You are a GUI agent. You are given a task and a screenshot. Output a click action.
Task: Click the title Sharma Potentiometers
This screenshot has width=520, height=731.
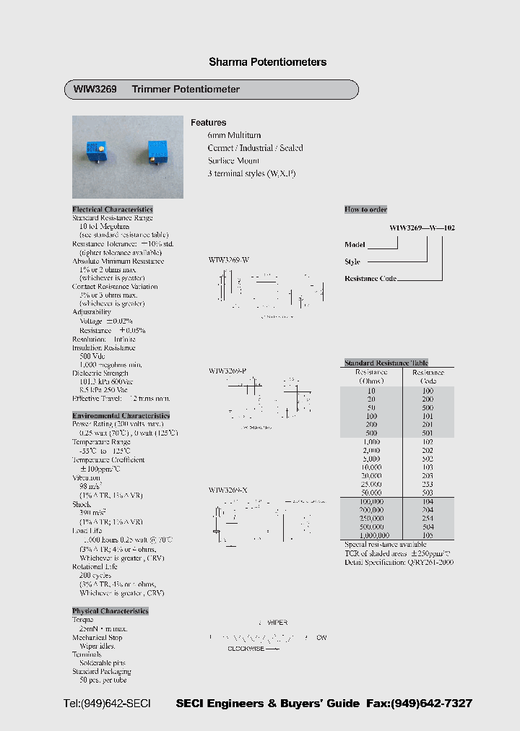click(267, 62)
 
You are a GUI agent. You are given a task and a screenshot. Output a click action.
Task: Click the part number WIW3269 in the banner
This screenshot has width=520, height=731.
click(90, 90)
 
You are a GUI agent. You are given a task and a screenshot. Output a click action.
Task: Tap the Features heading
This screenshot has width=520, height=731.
click(208, 123)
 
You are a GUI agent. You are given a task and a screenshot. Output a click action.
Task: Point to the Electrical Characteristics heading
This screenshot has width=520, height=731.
click(113, 209)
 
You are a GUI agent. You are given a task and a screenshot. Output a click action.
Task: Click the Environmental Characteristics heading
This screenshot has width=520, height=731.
click(121, 415)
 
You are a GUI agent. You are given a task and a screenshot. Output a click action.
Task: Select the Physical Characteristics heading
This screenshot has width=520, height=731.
click(110, 611)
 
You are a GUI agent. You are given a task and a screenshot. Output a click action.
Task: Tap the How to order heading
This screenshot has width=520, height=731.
click(365, 209)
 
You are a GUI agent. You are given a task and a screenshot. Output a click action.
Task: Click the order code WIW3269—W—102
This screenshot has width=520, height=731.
click(422, 228)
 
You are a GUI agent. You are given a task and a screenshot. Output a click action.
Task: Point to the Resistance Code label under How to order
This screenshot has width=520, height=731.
click(370, 278)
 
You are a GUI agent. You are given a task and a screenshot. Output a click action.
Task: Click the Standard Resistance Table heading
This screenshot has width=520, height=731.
click(386, 363)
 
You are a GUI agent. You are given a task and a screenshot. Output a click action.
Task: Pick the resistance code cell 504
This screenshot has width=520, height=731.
click(428, 527)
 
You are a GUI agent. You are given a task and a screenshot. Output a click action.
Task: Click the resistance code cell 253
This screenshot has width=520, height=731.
click(428, 484)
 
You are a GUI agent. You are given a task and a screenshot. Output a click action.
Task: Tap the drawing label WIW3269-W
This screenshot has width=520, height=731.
click(228, 259)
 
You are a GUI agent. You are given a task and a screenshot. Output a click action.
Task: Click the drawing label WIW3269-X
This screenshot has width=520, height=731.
click(228, 490)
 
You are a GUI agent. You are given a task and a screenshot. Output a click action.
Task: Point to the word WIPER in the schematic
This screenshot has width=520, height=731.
click(277, 622)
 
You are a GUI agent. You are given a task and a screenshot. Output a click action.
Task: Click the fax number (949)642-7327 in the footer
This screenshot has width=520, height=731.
click(432, 704)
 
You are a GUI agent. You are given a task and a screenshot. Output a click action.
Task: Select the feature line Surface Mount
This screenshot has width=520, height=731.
click(233, 161)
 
